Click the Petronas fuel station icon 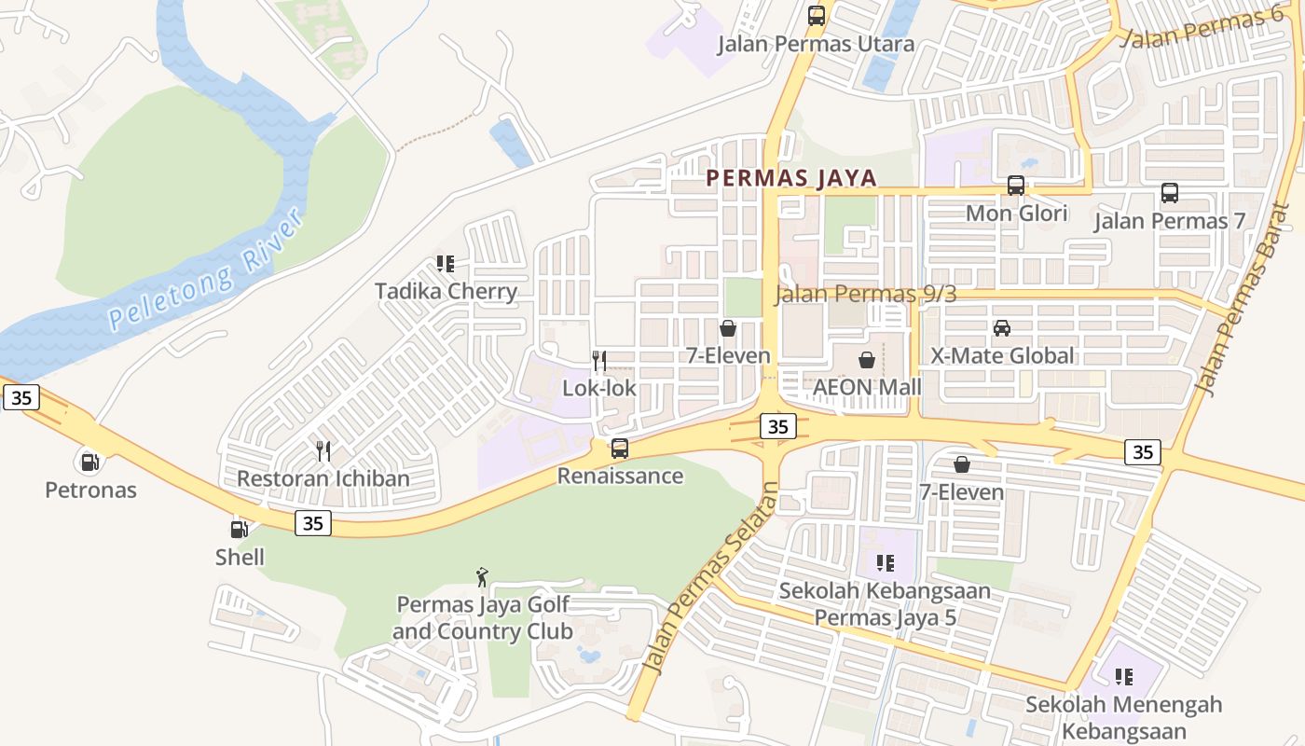[x=89, y=461]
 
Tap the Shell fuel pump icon [x=240, y=529]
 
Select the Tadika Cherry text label [x=446, y=292]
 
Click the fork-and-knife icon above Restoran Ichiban [x=323, y=451]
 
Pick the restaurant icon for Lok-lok [x=599, y=361]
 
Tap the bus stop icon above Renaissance [x=620, y=449]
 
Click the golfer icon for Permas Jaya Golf [x=482, y=577]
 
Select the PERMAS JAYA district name [x=791, y=178]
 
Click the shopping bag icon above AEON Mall [x=867, y=360]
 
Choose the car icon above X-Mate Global [x=1002, y=328]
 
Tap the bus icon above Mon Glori [x=1016, y=186]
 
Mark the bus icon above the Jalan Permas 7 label [x=1170, y=193]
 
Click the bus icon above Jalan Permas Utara [x=817, y=16]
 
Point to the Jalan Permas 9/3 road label [x=866, y=295]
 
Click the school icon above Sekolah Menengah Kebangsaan [x=1124, y=676]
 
